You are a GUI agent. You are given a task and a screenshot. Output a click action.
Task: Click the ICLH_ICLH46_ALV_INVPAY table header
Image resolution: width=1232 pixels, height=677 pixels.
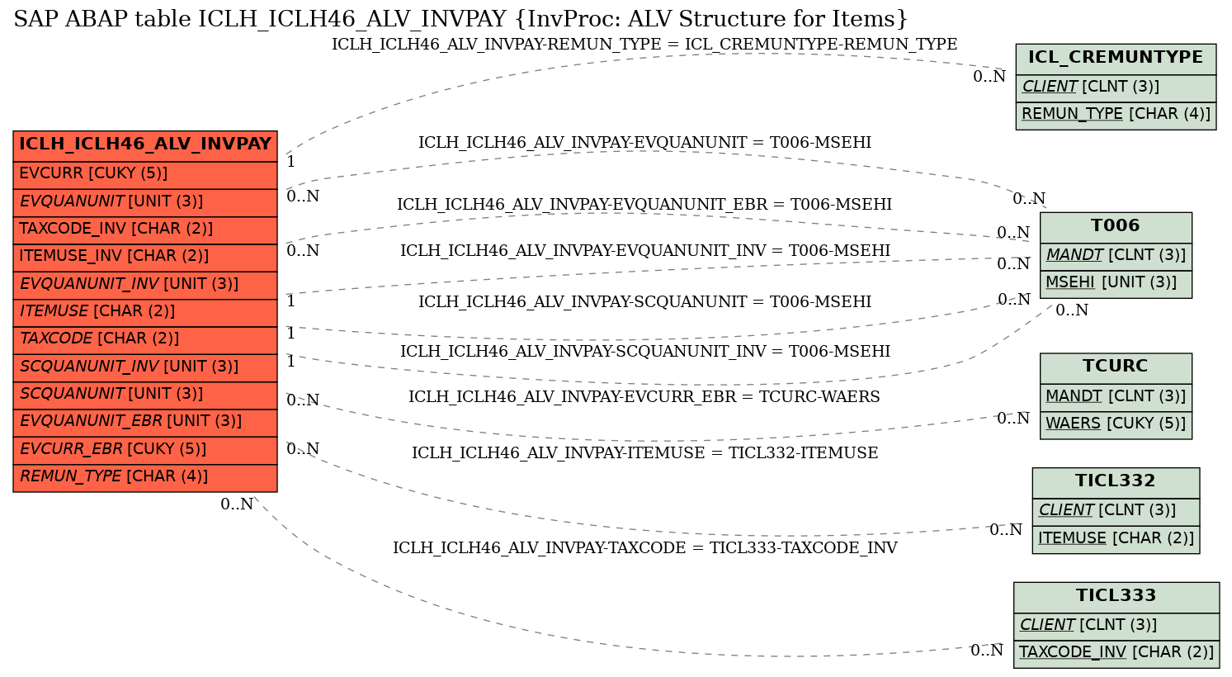click(145, 146)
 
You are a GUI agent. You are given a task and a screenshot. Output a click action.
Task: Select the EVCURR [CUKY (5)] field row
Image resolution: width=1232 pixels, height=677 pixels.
click(145, 175)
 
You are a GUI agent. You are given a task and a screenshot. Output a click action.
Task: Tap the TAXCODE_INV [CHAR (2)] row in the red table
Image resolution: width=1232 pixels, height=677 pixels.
click(145, 230)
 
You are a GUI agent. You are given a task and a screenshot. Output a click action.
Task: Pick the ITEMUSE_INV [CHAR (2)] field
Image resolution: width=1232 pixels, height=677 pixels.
click(145, 258)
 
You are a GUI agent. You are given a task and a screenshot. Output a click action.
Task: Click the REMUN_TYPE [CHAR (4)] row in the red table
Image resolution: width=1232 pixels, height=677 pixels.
click(145, 478)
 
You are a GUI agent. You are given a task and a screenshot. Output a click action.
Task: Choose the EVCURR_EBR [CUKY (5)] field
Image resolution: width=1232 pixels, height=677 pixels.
click(145, 450)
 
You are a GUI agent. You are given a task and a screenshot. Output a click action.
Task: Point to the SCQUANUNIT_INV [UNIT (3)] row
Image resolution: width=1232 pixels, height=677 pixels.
click(145, 367)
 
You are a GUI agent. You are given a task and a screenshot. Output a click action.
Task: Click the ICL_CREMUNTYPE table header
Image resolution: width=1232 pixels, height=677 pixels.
click(1116, 59)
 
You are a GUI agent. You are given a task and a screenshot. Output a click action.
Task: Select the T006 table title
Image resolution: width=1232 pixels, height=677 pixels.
click(1116, 227)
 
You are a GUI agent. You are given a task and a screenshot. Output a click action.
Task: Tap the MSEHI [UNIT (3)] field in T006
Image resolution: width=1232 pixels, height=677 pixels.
click(1116, 284)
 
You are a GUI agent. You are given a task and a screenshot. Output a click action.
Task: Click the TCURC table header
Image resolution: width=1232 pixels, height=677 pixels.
click(1116, 368)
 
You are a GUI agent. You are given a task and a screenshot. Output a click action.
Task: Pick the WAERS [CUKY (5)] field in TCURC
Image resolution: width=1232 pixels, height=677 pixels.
click(1116, 425)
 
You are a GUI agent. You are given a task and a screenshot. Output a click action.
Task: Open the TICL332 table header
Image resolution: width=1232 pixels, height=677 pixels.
click(1116, 483)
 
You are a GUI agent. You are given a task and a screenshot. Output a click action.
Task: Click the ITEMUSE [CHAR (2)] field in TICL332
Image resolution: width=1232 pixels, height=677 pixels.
click(1116, 539)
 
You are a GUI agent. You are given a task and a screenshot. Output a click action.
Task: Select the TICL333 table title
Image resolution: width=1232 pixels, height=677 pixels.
click(1116, 597)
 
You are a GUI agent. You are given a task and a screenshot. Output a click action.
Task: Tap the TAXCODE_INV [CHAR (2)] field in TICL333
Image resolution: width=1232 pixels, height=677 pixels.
click(1116, 654)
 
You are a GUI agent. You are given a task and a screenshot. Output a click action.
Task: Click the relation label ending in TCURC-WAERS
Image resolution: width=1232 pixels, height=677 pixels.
click(644, 396)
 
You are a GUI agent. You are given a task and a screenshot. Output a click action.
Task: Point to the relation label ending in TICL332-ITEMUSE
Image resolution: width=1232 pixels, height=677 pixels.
click(644, 452)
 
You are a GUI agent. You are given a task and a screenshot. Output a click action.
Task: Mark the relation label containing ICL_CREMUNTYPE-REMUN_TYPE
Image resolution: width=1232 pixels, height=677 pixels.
click(644, 44)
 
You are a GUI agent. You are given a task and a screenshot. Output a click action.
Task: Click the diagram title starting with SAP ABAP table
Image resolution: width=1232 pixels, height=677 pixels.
click(460, 19)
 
